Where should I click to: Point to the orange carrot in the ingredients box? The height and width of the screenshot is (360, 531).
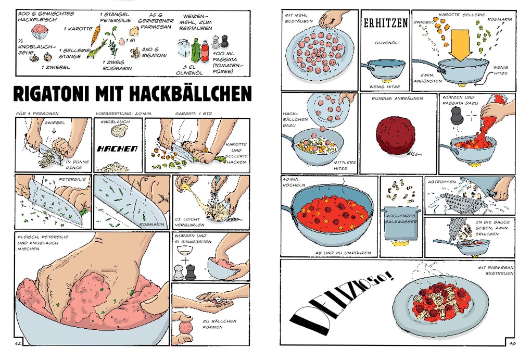[x=96, y=35]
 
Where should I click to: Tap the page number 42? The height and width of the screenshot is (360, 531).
[x=18, y=343]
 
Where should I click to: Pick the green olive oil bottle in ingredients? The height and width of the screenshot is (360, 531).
[x=195, y=49]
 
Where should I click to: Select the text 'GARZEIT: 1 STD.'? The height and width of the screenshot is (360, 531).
[x=196, y=113]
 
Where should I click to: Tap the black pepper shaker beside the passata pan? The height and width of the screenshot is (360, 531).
[x=457, y=115]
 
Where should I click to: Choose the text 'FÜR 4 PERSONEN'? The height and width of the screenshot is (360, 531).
[x=37, y=113]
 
